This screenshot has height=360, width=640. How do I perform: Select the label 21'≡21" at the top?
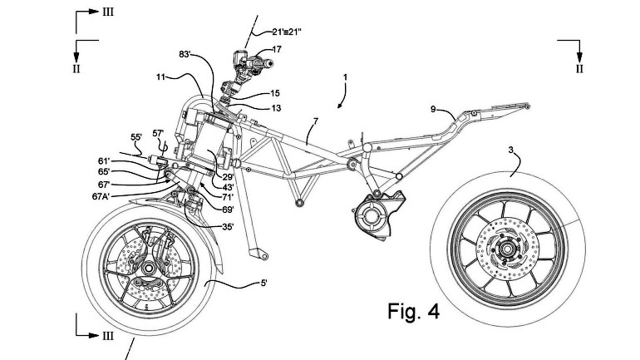click(x=292, y=32)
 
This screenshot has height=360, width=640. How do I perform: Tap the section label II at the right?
click(x=578, y=69)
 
